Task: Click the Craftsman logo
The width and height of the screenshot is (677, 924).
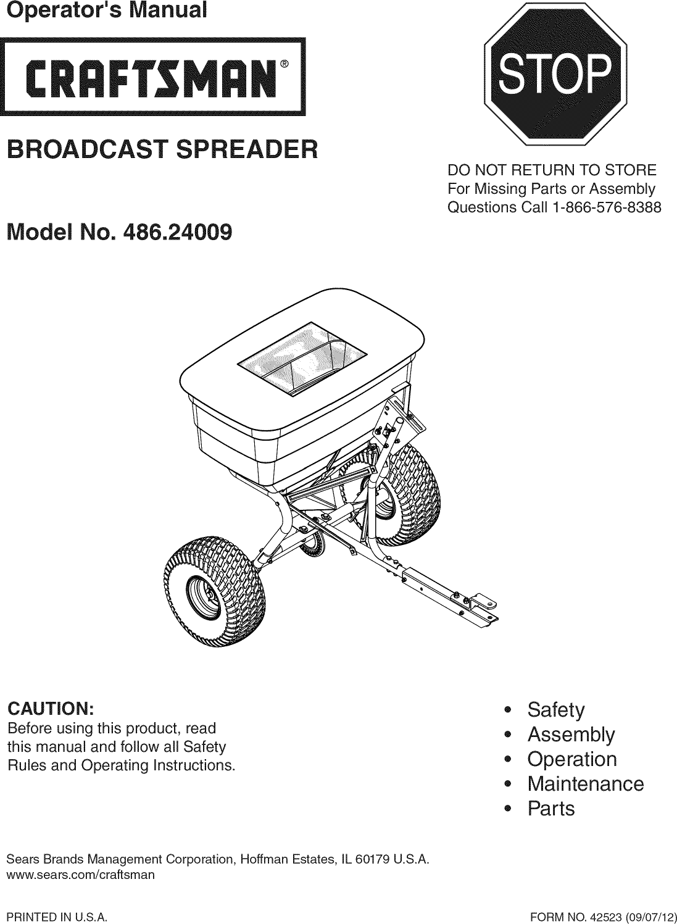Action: point(152,77)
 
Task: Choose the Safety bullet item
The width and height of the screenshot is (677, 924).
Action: point(555,710)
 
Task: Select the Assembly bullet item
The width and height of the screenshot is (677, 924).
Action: point(570,735)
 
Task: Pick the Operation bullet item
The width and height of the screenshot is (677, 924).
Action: point(571,759)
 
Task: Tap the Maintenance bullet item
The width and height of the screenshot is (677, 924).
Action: point(585,784)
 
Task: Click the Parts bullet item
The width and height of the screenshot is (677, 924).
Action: point(550,809)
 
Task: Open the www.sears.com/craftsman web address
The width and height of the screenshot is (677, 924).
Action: point(80,875)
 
